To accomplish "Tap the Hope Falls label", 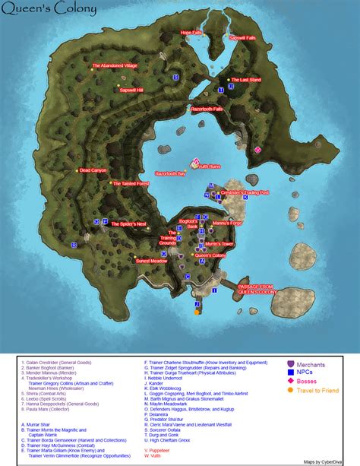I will coord(191,33).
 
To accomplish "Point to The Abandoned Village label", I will coord(115,66).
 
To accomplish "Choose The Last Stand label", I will coord(246,80).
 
